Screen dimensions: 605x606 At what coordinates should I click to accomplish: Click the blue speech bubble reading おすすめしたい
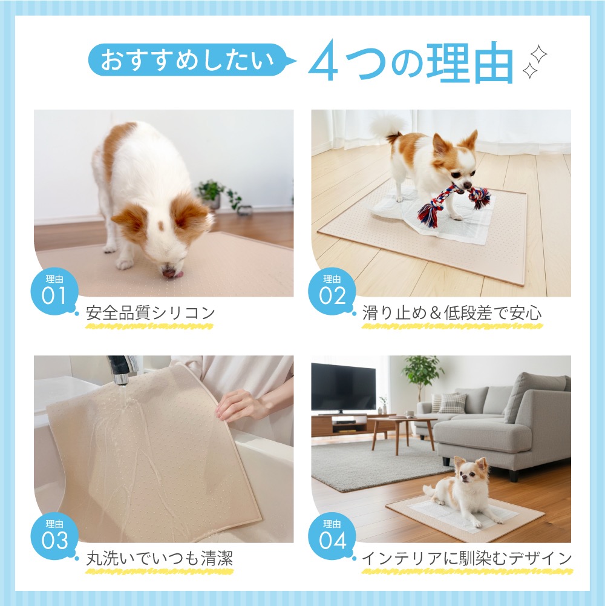(x=189, y=61)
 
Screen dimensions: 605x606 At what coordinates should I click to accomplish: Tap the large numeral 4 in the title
(x=323, y=61)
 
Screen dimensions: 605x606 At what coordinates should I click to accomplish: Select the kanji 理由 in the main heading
(x=469, y=62)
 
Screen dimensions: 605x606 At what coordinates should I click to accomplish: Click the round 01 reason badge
(x=54, y=292)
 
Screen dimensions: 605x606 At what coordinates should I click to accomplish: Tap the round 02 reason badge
(x=332, y=292)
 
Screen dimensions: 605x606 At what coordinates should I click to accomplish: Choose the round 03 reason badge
(x=54, y=536)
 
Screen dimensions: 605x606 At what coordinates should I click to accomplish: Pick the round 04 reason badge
(x=332, y=536)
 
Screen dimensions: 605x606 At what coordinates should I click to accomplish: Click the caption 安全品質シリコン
(x=150, y=312)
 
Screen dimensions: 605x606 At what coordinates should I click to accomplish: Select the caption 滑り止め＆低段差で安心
(x=452, y=312)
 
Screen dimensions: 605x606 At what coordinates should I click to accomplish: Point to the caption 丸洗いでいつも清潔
(x=160, y=558)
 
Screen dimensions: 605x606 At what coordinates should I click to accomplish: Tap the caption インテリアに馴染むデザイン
(x=466, y=558)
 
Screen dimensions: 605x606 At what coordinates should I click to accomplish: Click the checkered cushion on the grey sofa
(x=452, y=403)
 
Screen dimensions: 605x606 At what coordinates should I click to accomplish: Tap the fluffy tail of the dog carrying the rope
(x=388, y=128)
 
